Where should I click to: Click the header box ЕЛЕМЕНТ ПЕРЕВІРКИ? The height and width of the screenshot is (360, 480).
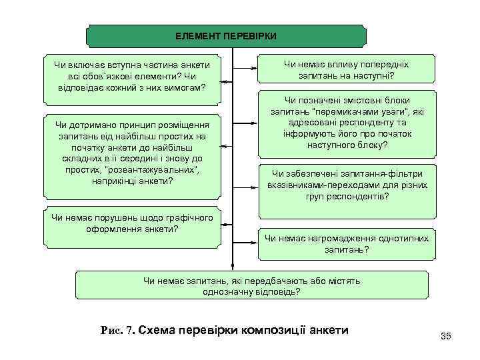click(226, 36)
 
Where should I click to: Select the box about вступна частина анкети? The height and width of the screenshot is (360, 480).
click(132, 76)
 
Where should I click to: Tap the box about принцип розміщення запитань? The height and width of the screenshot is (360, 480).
click(132, 153)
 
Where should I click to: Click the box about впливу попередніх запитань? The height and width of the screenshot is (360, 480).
click(346, 70)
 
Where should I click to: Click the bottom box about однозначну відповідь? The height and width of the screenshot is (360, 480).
click(251, 286)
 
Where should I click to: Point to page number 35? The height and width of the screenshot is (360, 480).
click(446, 336)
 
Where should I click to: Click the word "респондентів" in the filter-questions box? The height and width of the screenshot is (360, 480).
click(362, 197)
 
